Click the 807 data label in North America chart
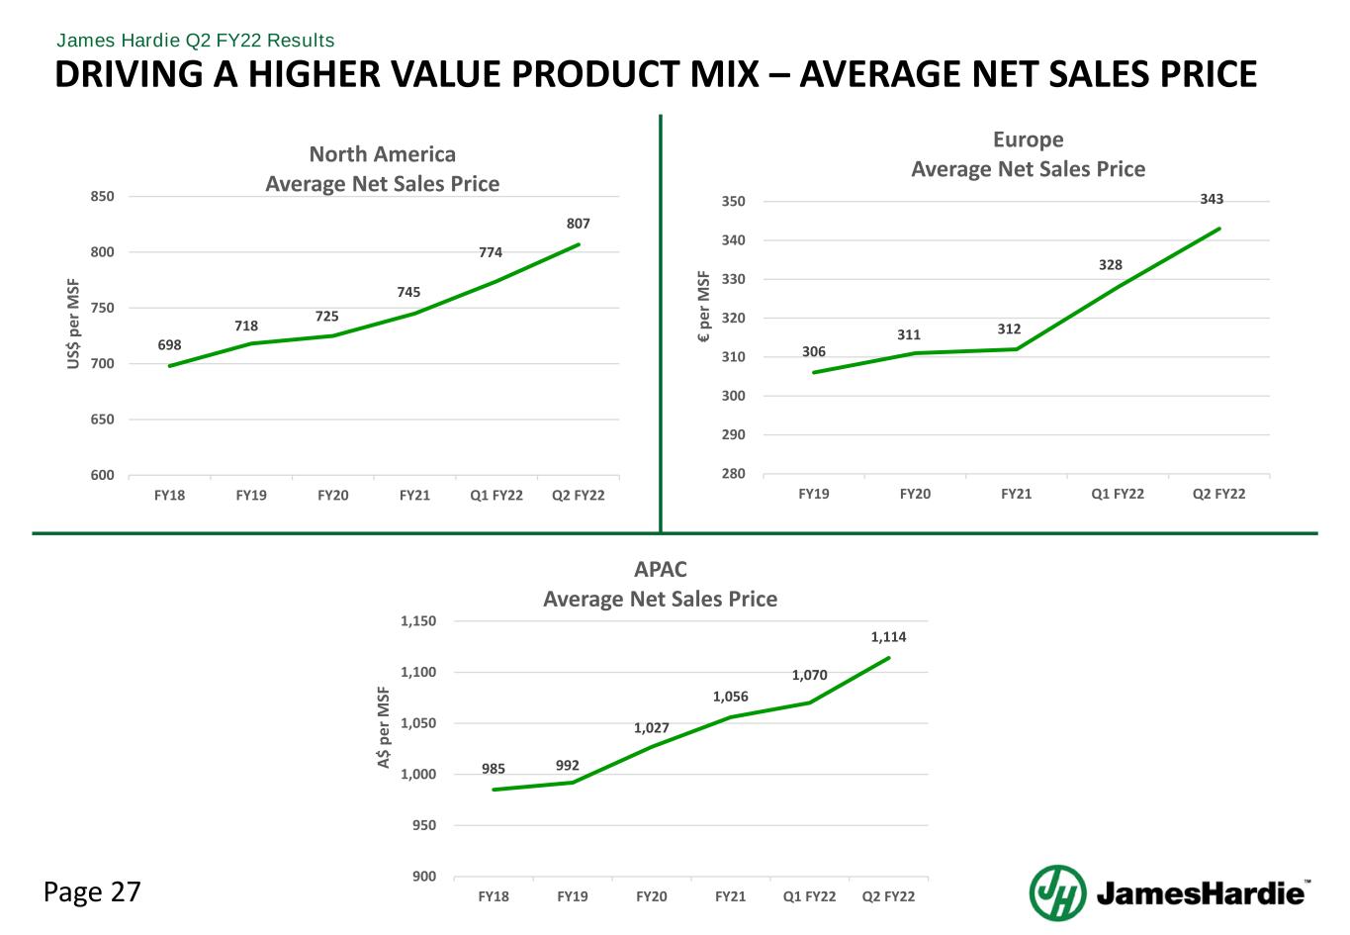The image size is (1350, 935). [579, 224]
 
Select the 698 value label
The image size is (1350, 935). [169, 345]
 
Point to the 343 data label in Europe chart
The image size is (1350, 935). [1212, 199]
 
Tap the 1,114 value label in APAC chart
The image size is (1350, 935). [888, 637]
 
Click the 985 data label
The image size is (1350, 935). [494, 769]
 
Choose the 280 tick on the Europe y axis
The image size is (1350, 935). [734, 474]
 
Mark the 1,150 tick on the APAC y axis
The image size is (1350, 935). [417, 621]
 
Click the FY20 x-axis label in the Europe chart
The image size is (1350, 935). [915, 493]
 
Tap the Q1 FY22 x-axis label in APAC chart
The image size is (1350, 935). [809, 896]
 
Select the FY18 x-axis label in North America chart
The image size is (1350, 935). [169, 495]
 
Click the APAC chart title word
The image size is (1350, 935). [660, 570]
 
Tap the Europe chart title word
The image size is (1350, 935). [1028, 140]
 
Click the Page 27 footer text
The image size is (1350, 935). [93, 892]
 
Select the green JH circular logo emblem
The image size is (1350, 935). [1057, 892]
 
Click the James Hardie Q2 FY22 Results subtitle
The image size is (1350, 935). [196, 41]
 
